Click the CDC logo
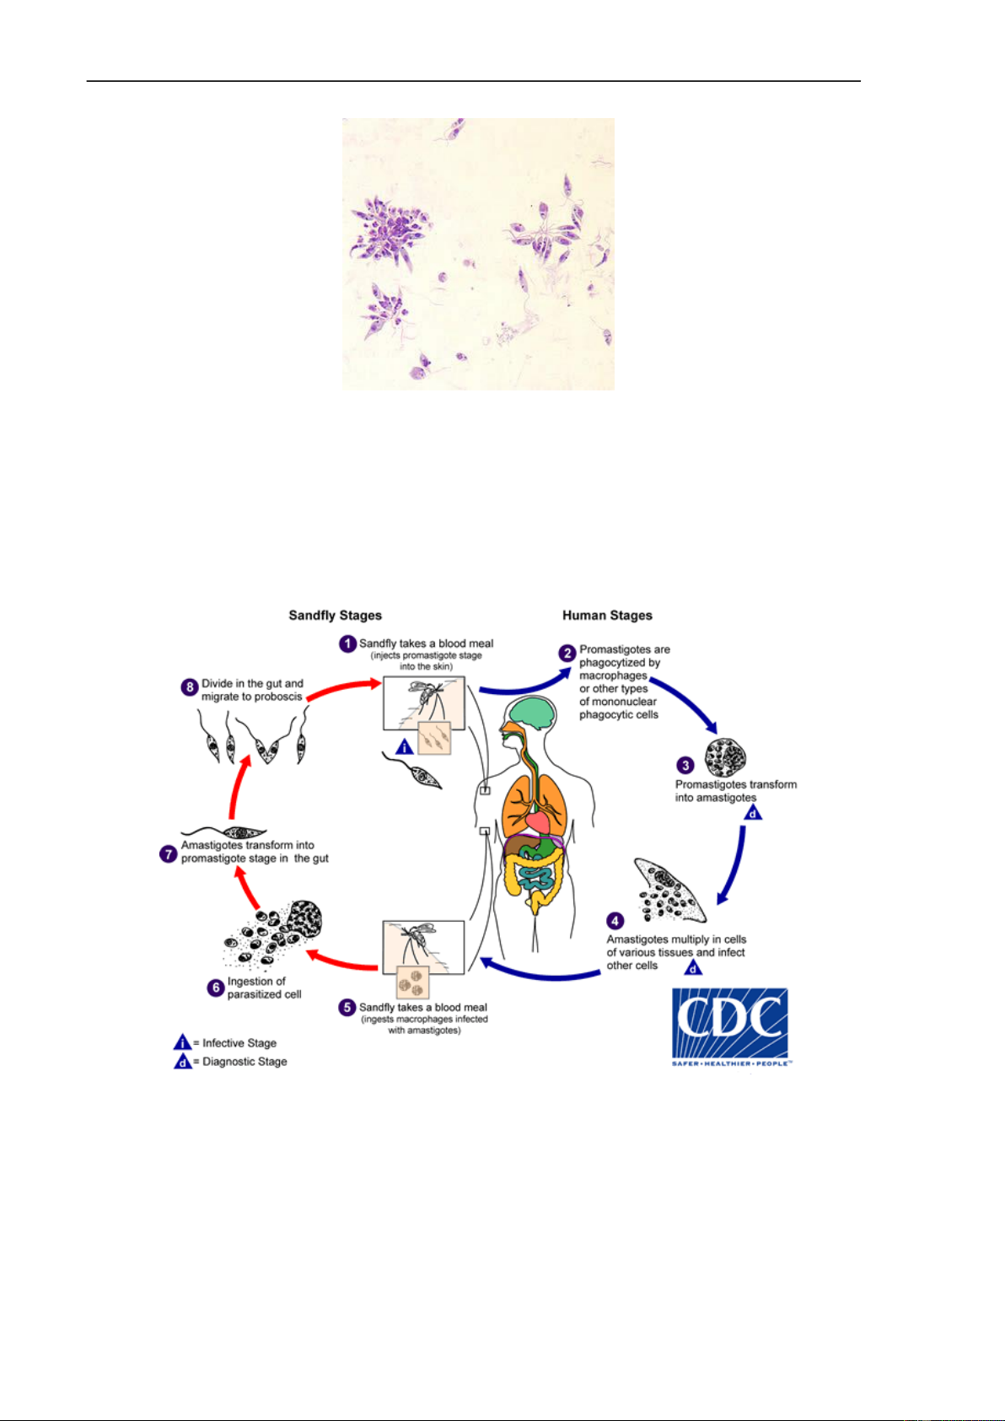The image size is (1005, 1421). [730, 1025]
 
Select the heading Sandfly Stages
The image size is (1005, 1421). [335, 616]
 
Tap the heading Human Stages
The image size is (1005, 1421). [607, 616]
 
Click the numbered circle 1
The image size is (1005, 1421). [348, 644]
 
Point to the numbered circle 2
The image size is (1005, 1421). [567, 653]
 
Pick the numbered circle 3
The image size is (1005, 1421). [686, 765]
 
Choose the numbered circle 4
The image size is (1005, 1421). [616, 921]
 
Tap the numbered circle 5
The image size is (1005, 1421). [347, 1008]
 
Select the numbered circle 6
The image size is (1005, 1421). [216, 988]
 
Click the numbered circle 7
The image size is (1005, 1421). [169, 854]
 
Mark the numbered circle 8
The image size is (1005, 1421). [190, 686]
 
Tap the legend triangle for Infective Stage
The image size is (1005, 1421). [183, 1043]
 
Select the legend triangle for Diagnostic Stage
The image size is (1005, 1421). [183, 1062]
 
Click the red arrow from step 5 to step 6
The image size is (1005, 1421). [341, 961]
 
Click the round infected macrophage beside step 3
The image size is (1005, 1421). [726, 758]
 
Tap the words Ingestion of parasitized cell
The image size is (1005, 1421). [263, 988]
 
